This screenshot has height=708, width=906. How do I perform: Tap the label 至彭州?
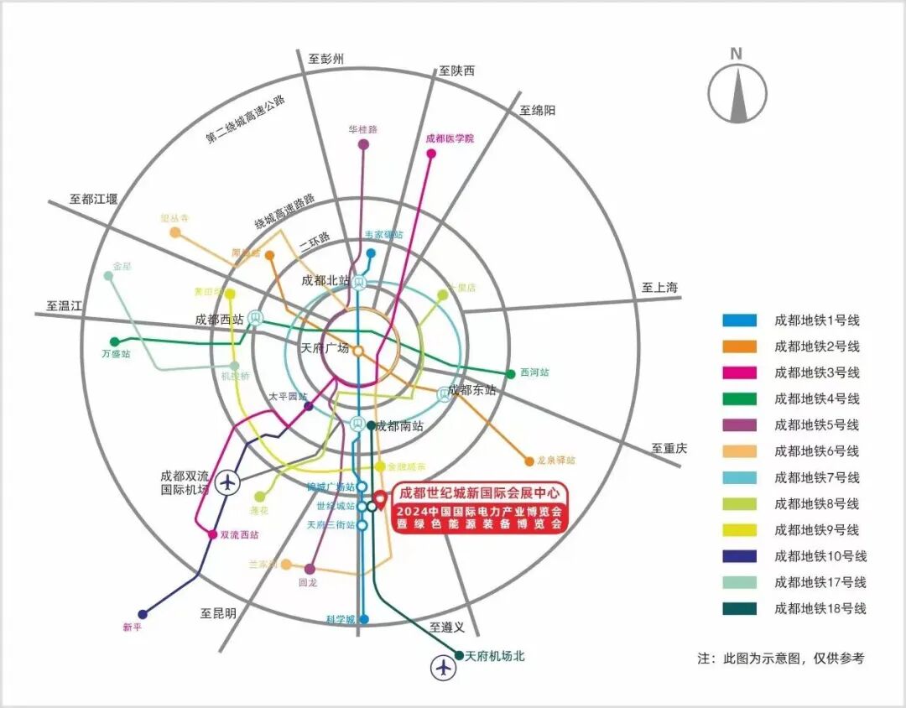(x=326, y=59)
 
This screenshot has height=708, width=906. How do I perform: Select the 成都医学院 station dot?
(x=431, y=154)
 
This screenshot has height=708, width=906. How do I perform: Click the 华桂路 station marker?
(x=363, y=144)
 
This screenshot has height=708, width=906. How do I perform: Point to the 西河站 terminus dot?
(x=510, y=374)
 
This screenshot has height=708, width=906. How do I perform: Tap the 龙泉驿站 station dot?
(x=528, y=461)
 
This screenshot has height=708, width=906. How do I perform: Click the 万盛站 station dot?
(x=115, y=341)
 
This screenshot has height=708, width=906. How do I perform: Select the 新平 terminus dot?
(x=143, y=614)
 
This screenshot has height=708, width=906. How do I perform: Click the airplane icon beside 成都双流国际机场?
(x=226, y=483)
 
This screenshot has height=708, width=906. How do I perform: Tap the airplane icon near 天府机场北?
(x=443, y=668)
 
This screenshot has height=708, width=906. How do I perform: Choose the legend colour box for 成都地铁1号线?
(x=740, y=320)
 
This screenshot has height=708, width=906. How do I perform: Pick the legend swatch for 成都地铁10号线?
(x=740, y=556)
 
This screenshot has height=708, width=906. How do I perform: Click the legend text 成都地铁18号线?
(x=820, y=609)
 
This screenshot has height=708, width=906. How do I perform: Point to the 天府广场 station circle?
(x=358, y=351)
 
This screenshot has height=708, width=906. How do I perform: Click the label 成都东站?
(x=471, y=390)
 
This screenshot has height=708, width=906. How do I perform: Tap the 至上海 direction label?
(x=659, y=288)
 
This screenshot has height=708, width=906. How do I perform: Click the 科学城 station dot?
(x=364, y=619)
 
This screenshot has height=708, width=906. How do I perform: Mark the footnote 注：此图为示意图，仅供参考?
(x=780, y=659)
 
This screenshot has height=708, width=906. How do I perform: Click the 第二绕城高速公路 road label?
(x=246, y=122)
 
